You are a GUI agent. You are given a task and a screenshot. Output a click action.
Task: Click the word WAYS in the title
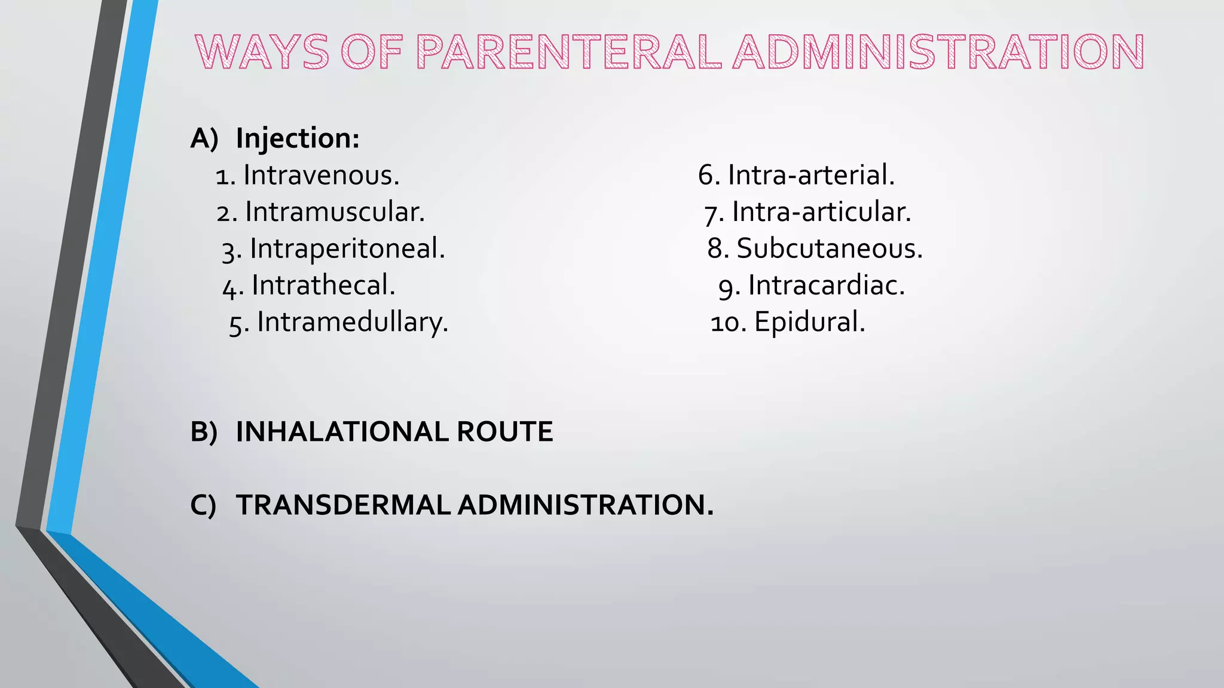pyautogui.click(x=262, y=52)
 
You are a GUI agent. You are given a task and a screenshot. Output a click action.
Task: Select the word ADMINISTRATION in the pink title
pyautogui.click(x=938, y=52)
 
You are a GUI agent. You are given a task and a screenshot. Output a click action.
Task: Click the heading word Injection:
pyautogui.click(x=298, y=139)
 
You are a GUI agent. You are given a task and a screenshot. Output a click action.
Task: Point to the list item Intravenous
pyautogui.click(x=321, y=176)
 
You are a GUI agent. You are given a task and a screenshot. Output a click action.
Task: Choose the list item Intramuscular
pyautogui.click(x=335, y=212)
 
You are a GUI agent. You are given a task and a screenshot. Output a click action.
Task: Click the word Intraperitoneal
pyautogui.click(x=347, y=248)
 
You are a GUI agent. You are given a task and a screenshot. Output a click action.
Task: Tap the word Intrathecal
pyautogui.click(x=323, y=285)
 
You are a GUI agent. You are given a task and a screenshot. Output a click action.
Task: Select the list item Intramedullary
pyautogui.click(x=353, y=322)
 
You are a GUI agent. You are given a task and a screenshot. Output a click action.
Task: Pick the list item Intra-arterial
pyautogui.click(x=811, y=176)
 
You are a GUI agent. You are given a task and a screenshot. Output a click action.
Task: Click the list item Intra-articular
pyautogui.click(x=822, y=212)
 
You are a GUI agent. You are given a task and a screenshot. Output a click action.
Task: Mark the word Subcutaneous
pyautogui.click(x=830, y=248)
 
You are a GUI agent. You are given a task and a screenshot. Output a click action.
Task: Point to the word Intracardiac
pyautogui.click(x=827, y=285)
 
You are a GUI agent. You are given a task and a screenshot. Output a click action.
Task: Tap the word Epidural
pyautogui.click(x=810, y=322)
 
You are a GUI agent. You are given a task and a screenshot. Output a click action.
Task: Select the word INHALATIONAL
pyautogui.click(x=342, y=432)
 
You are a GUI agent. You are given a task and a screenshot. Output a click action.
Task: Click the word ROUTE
pyautogui.click(x=505, y=432)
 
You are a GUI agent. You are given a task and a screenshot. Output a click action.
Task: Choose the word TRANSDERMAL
pyautogui.click(x=343, y=505)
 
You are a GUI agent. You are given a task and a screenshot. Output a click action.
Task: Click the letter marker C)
pyautogui.click(x=203, y=505)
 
